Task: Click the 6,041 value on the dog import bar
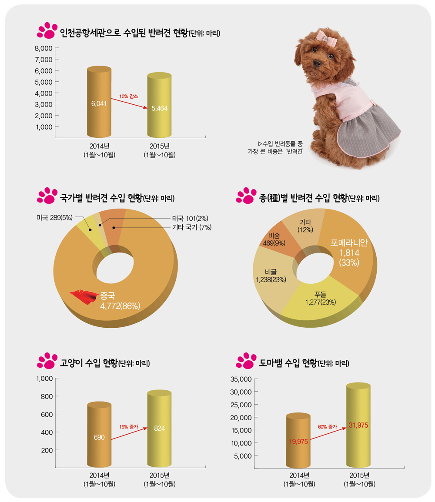tap(99, 104)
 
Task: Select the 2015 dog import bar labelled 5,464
tap(159, 106)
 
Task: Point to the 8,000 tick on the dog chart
tap(43, 48)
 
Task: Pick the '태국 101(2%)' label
tap(191, 218)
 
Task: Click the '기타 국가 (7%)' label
tap(191, 227)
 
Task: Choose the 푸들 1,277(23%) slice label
tap(320, 299)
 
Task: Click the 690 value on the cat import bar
tap(99, 437)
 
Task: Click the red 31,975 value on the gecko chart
tap(358, 425)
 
